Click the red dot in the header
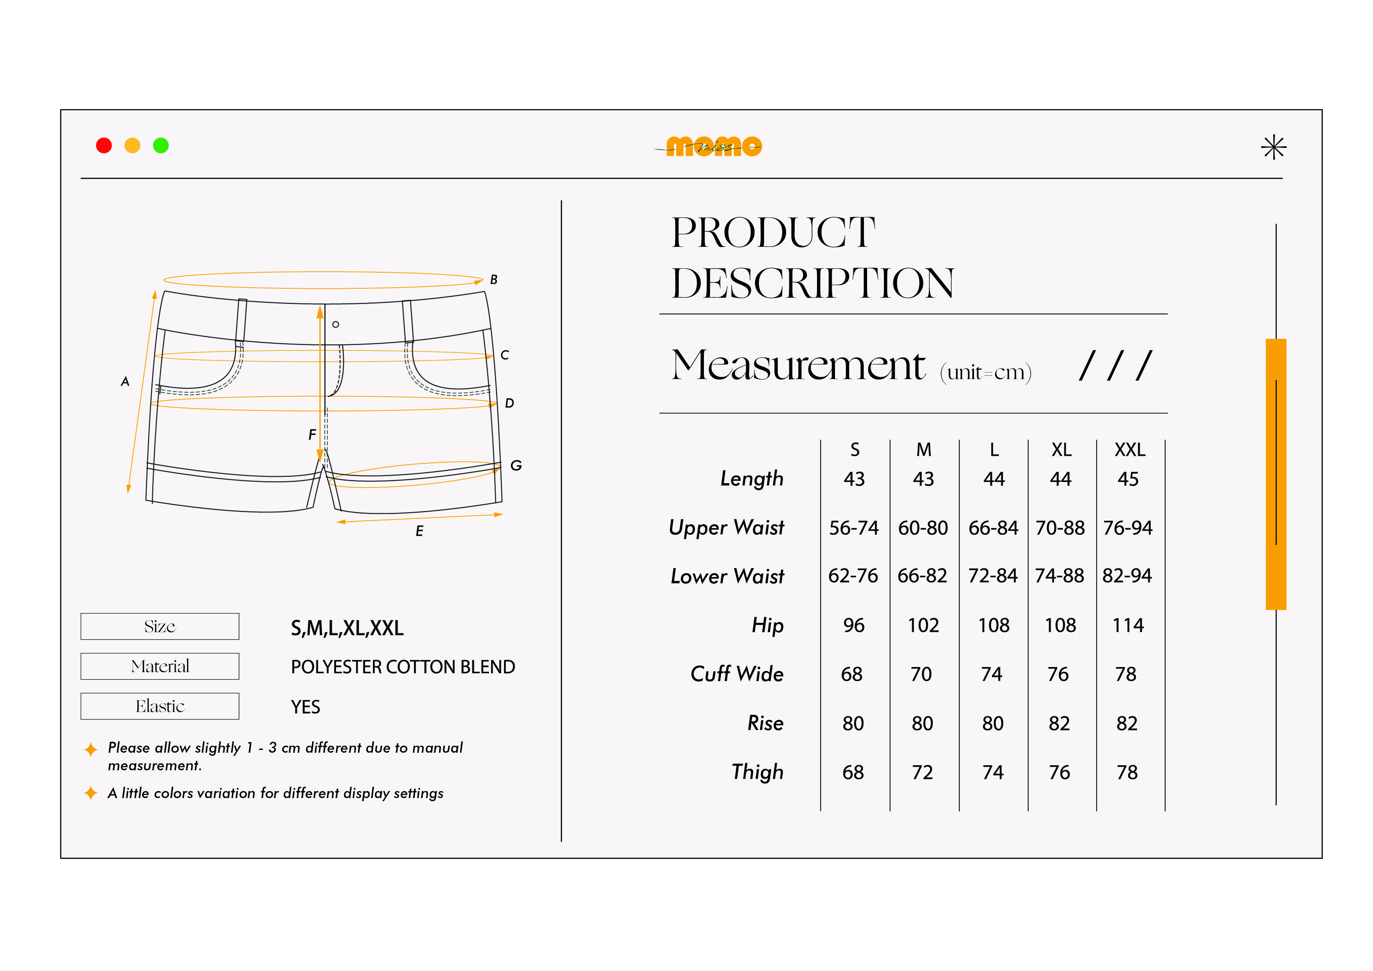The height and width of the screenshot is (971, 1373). point(104,145)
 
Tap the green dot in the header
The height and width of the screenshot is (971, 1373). point(161,145)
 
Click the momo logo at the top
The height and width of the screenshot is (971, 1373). point(710,146)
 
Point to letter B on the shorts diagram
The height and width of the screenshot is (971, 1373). point(493,279)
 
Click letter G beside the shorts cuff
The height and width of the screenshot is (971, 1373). point(516,465)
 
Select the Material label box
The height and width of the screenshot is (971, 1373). point(160,666)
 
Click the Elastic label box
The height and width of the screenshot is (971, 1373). point(160,706)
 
